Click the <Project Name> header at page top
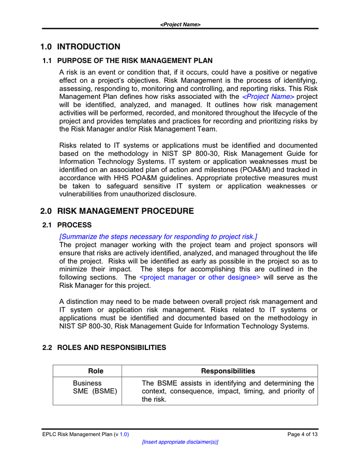coord(180,24)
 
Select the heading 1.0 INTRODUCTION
coord(80,47)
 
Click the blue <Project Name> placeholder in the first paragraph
coord(268,97)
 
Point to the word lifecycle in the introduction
coord(292,113)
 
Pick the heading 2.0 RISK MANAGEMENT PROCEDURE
coord(117,211)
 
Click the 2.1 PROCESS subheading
coord(67,225)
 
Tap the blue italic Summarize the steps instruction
coord(158,236)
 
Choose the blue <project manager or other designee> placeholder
coord(200,278)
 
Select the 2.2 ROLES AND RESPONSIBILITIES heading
coord(104,347)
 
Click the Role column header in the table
coord(96,371)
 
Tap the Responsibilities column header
coord(228,371)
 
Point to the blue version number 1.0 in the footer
coord(124,434)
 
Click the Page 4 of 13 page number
coord(302,434)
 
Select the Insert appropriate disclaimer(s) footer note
coord(180,442)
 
